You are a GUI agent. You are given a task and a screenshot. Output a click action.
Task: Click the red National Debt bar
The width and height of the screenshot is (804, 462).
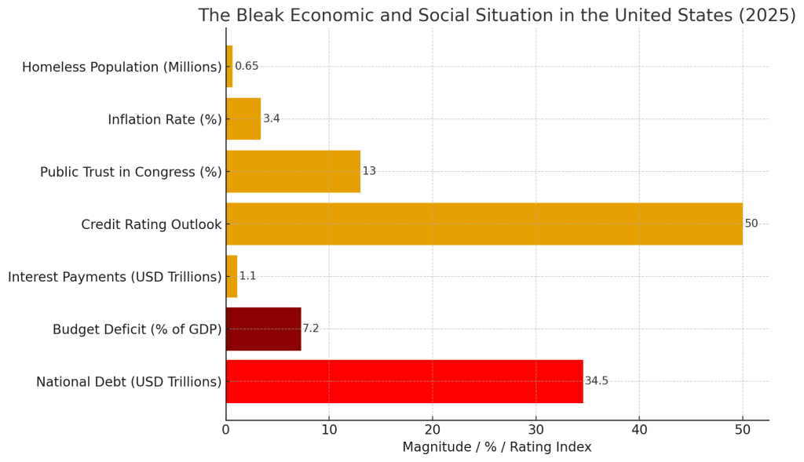tap(404, 381)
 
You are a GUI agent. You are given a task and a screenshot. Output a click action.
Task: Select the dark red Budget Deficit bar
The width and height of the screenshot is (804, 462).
tap(264, 329)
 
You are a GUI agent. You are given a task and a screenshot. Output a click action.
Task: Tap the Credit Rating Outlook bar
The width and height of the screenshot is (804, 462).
tap(484, 224)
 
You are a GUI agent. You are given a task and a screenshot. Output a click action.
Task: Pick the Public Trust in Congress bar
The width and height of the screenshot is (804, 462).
tap(294, 171)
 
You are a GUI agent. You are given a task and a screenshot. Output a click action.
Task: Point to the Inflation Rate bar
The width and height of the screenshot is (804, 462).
tap(243, 118)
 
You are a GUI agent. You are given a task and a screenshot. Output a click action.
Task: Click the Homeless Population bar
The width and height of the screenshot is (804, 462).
tap(229, 66)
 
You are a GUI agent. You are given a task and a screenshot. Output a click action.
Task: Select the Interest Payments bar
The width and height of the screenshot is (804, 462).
tap(232, 276)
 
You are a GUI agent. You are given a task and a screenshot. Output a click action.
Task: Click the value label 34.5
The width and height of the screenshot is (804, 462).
tap(597, 380)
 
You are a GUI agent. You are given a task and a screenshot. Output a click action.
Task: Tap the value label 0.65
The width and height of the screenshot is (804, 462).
tap(247, 66)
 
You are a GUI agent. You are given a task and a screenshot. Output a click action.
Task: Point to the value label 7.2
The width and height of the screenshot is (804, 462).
tap(311, 329)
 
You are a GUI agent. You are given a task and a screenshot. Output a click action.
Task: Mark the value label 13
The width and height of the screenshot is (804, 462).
tap(369, 170)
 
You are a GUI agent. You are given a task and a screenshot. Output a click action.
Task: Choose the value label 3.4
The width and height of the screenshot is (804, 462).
tap(271, 118)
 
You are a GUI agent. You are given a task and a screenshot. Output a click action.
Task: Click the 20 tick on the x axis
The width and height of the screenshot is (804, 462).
tap(433, 430)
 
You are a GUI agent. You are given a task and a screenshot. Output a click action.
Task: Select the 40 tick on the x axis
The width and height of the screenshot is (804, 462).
tap(639, 430)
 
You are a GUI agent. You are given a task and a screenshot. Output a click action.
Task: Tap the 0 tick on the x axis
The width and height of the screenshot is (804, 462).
tap(226, 430)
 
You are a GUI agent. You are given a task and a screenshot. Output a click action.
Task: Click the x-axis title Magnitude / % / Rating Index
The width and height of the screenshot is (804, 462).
tap(497, 447)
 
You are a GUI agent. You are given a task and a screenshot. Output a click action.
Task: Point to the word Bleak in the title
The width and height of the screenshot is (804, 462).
tap(259, 16)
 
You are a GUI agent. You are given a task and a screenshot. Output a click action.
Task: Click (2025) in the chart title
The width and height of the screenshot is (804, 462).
tap(767, 16)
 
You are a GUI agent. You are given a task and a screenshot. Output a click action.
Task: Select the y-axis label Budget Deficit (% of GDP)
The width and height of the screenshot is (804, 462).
tap(137, 329)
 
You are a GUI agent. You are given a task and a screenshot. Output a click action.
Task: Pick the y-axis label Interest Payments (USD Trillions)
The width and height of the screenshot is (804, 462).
tap(115, 277)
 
